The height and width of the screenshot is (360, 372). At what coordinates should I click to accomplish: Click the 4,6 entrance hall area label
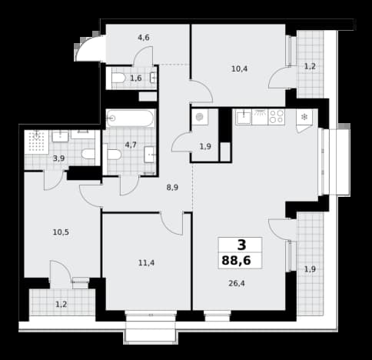click(x=144, y=38)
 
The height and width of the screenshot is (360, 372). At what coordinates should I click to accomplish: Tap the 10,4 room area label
click(x=239, y=68)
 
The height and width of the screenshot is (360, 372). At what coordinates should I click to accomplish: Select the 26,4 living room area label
click(x=237, y=283)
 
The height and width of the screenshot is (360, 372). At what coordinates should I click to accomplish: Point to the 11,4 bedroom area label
click(x=146, y=262)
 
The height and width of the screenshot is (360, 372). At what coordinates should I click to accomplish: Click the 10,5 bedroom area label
click(x=61, y=232)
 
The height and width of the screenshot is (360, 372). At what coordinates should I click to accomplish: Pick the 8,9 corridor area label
click(x=172, y=188)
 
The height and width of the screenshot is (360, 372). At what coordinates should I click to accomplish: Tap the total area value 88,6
click(x=236, y=261)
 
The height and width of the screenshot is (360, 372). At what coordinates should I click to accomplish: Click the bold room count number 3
click(x=241, y=245)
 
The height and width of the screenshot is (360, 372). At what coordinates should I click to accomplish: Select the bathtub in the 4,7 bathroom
click(x=131, y=118)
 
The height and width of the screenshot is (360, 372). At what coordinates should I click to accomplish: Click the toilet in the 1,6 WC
click(x=118, y=78)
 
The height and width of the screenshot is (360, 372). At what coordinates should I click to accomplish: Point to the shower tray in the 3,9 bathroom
click(x=37, y=142)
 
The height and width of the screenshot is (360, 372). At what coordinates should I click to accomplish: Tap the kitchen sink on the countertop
click(x=244, y=117)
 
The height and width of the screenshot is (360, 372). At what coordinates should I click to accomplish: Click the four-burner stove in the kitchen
click(x=277, y=117)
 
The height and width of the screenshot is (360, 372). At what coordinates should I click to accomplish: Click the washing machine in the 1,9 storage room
click(x=200, y=117)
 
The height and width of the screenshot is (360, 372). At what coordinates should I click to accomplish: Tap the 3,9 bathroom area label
click(x=58, y=158)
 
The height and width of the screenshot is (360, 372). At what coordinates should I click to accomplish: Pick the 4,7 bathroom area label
click(x=131, y=145)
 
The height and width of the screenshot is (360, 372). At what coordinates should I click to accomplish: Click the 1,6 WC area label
click(x=136, y=78)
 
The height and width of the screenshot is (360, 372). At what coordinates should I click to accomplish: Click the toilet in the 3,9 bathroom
click(x=88, y=154)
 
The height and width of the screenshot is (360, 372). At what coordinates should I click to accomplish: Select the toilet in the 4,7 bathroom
click(x=112, y=155)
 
